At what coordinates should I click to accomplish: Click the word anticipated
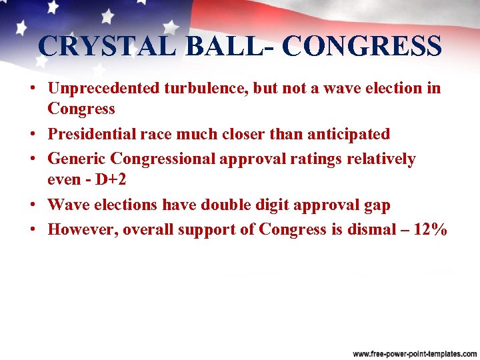348,134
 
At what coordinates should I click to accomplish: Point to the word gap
375,205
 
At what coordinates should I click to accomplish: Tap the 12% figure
431,229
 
